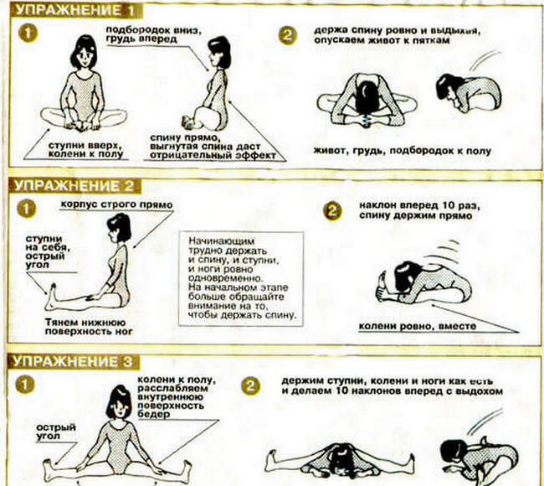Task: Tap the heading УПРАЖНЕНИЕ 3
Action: coord(73,362)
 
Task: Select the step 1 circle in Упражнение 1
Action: coord(28,34)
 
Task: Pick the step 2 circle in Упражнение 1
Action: coord(288,35)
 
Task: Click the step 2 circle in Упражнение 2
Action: coord(332,211)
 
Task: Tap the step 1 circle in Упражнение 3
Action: coord(25,385)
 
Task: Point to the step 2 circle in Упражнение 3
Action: coord(250,386)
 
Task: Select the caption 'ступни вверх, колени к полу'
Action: coord(85,150)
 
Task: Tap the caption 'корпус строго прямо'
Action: coord(116,204)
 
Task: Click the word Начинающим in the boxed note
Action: coord(221,240)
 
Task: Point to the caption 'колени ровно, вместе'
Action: coord(418,327)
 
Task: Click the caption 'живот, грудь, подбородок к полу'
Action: coord(403,151)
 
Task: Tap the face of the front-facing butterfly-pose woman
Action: coord(85,58)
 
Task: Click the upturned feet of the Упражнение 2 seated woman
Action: coord(52,297)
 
